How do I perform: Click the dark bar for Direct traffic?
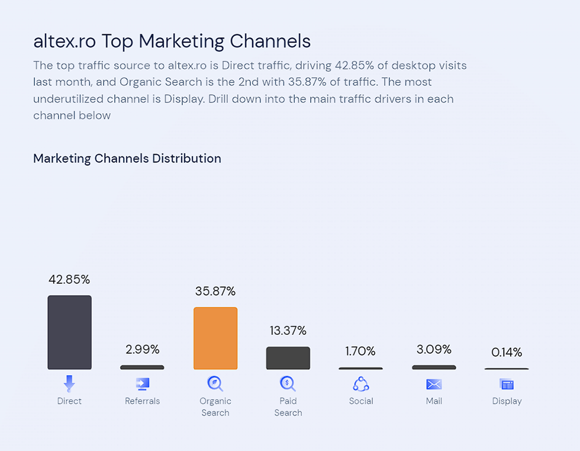(x=69, y=332)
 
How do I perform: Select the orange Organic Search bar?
(x=215, y=338)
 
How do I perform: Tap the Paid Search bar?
(x=288, y=358)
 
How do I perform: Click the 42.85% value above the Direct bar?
(x=69, y=279)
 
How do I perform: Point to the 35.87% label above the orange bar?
(x=215, y=291)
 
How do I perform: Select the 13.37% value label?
(x=288, y=330)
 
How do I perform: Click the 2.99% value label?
(x=142, y=349)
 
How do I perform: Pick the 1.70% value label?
(x=360, y=351)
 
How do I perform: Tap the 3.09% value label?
(x=434, y=349)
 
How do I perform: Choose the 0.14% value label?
(x=507, y=353)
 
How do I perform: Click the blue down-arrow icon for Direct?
(x=69, y=384)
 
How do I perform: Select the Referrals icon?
(x=142, y=384)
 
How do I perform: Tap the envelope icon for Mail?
(x=434, y=385)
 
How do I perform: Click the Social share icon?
(x=361, y=384)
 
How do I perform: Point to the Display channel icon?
(x=507, y=385)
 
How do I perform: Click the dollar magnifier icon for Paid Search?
(x=288, y=384)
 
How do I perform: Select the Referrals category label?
(x=142, y=401)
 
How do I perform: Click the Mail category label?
(x=434, y=401)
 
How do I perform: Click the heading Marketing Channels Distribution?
(x=127, y=158)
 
